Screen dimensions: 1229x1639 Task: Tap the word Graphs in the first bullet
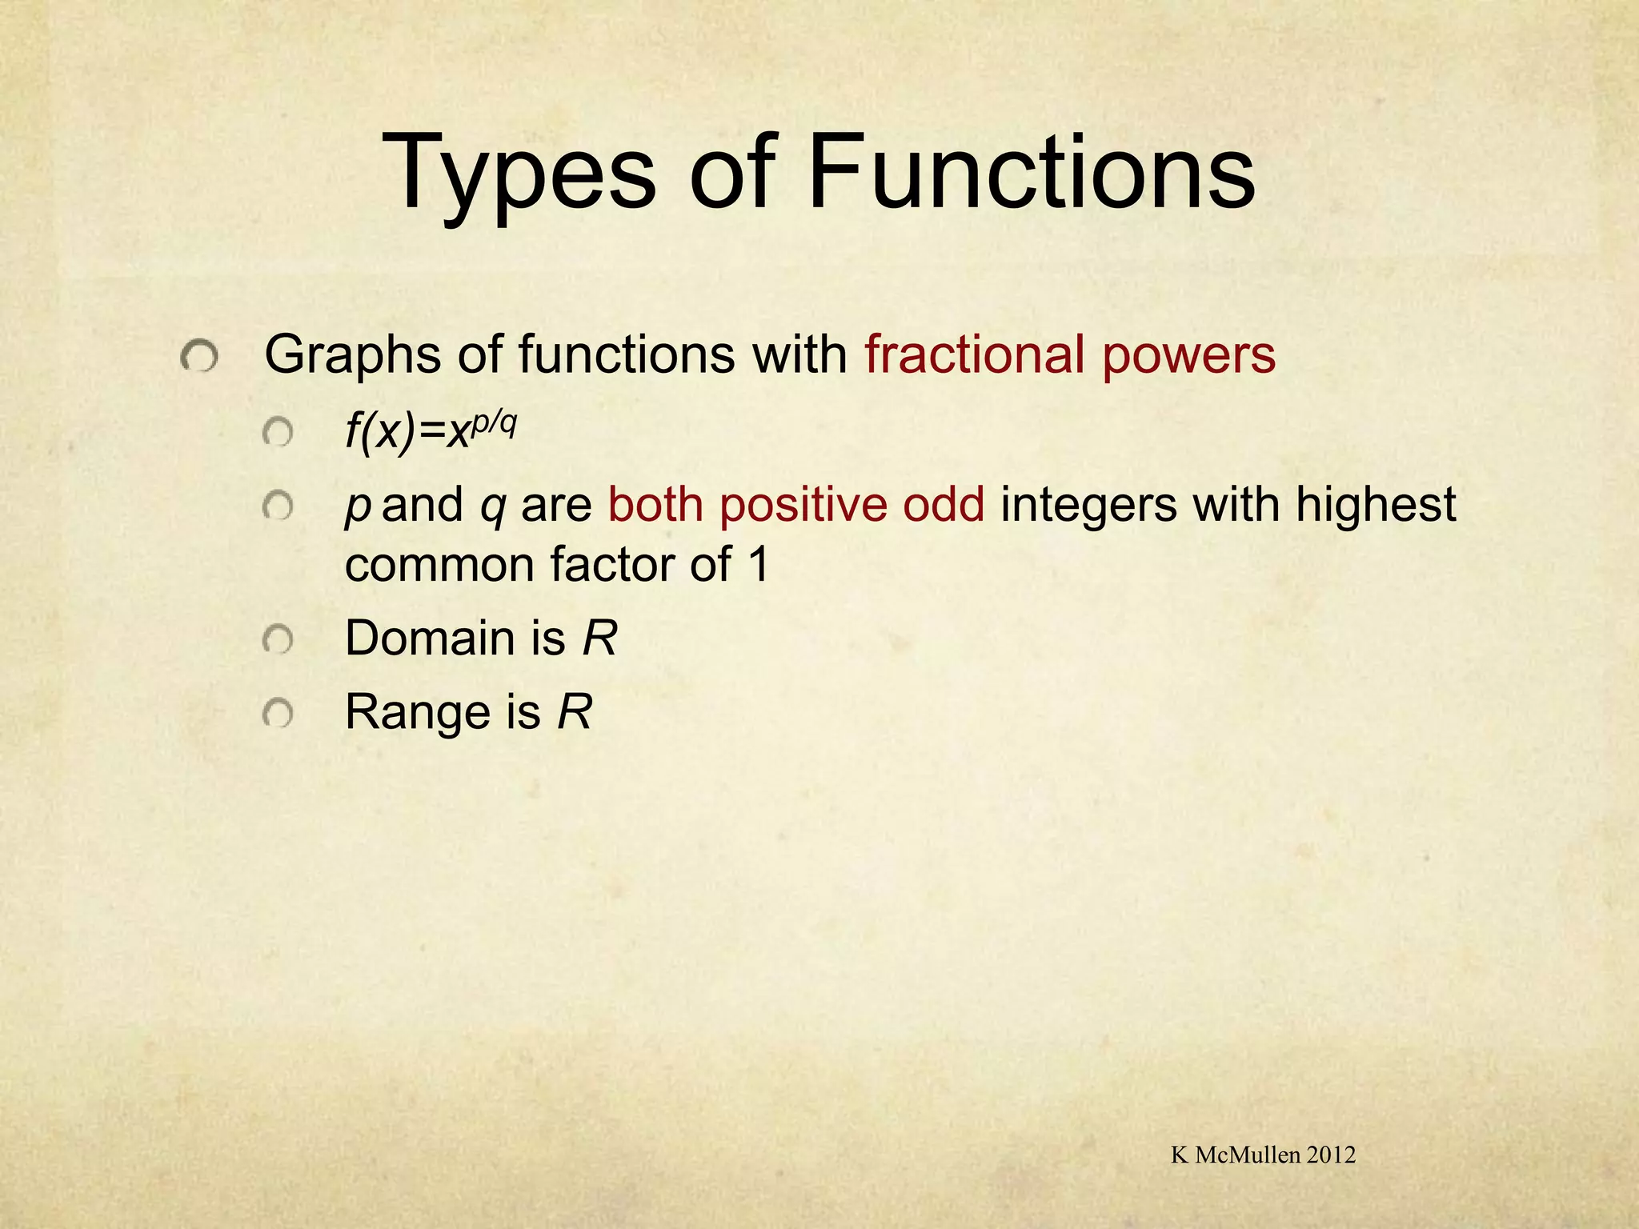[352, 355]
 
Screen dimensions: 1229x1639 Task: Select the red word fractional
[975, 354]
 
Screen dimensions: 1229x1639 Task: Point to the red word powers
[1189, 355]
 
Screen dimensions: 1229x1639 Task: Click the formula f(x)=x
[407, 434]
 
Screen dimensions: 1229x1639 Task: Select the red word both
[655, 505]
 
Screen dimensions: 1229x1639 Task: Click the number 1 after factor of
[757, 565]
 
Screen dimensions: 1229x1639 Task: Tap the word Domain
[429, 639]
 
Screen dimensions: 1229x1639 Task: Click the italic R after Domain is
[599, 639]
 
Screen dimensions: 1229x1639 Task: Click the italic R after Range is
[575, 712]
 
